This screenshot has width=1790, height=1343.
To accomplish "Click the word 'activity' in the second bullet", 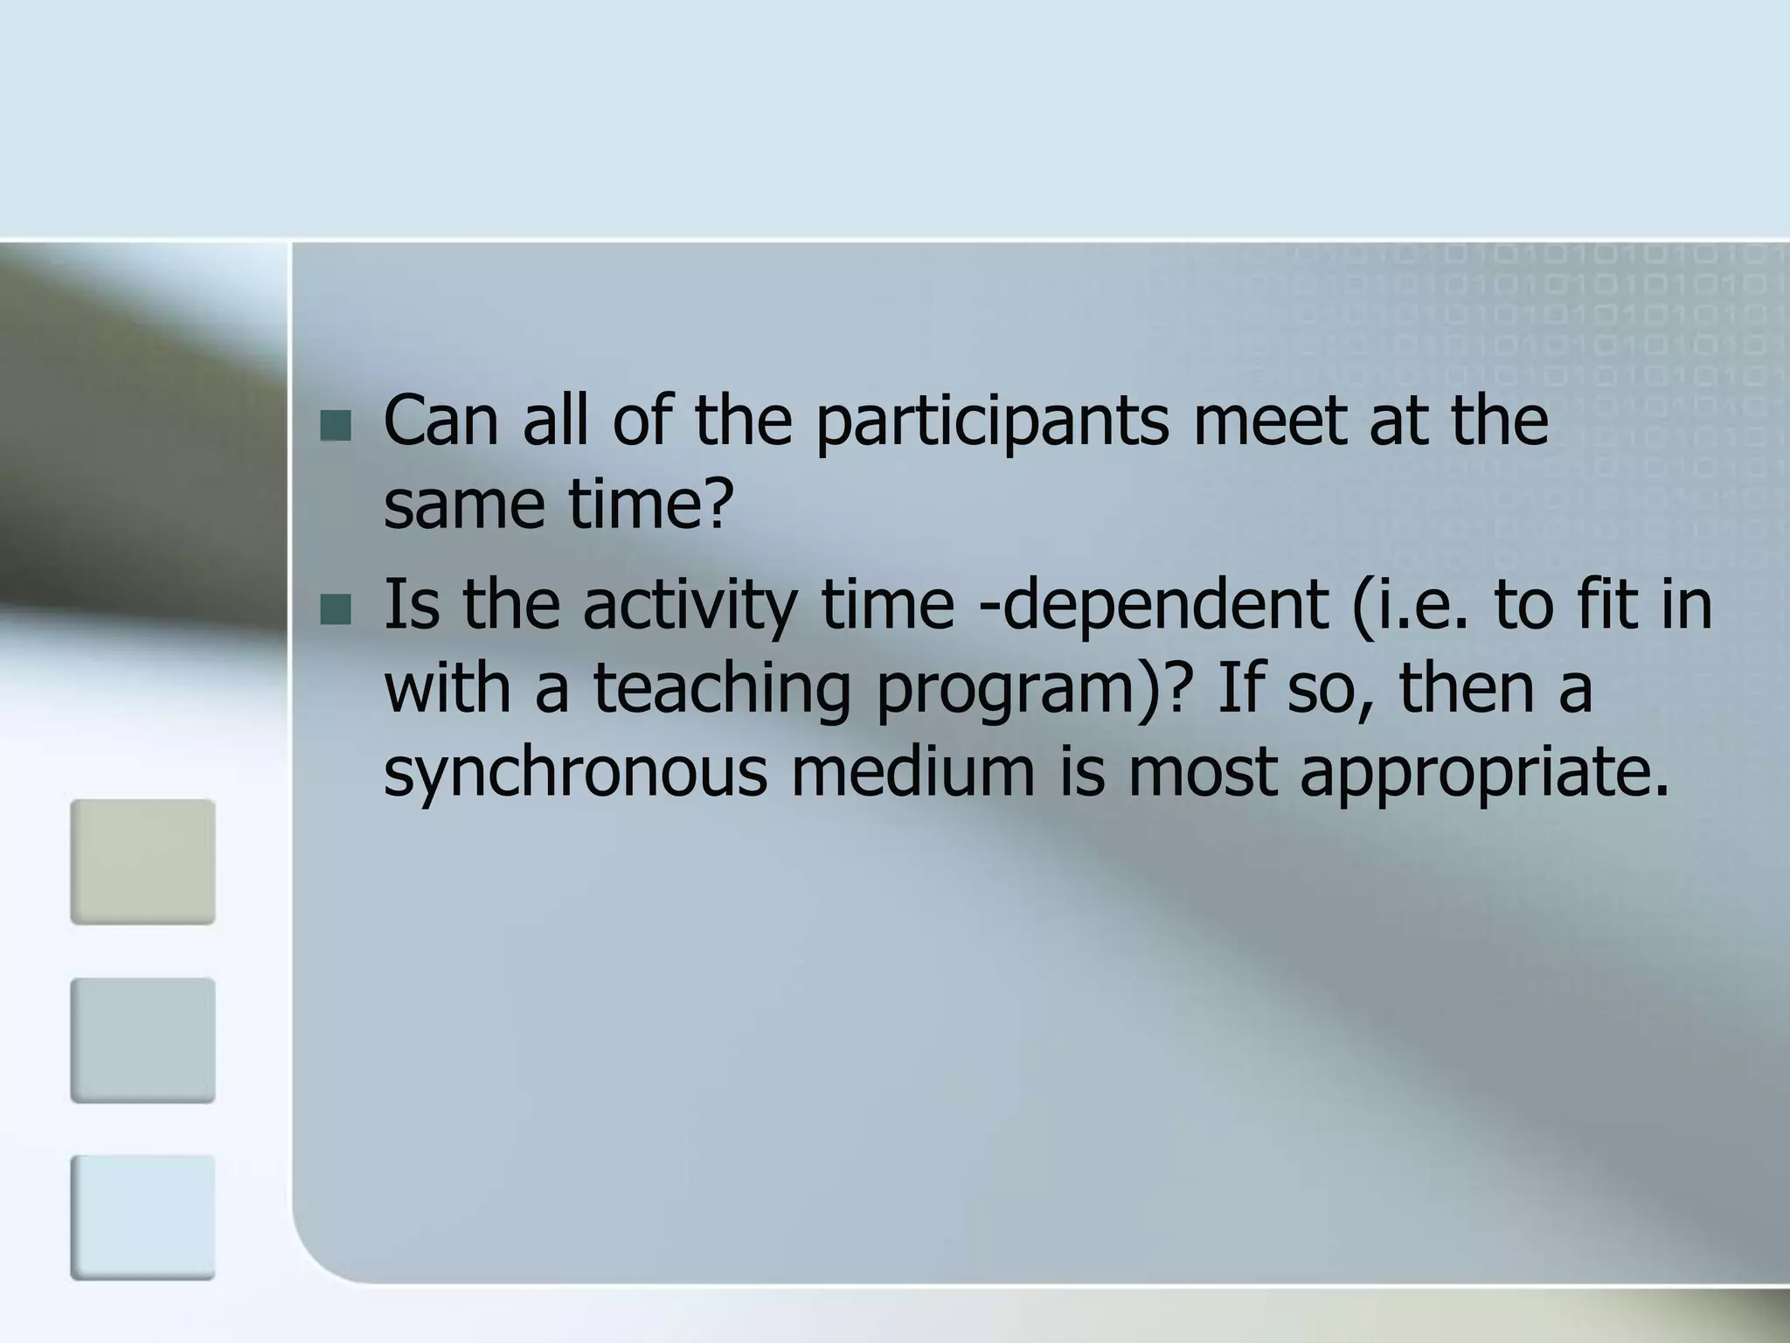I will pyautogui.click(x=690, y=605).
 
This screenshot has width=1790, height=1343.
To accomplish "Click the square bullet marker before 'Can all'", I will pyautogui.click(x=336, y=426).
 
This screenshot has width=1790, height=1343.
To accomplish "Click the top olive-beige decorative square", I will pyautogui.click(x=142, y=862).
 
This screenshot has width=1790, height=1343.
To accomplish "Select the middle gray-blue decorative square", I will pyautogui.click(x=142, y=1040).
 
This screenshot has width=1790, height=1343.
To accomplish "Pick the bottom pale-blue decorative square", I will pyautogui.click(x=142, y=1218).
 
